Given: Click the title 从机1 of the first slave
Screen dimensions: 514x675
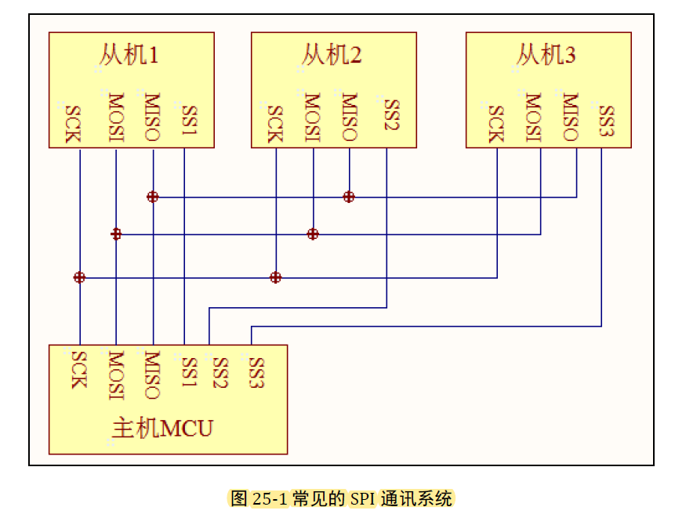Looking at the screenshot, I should coord(129,55).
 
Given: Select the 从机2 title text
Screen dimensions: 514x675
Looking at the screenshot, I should coord(332,55).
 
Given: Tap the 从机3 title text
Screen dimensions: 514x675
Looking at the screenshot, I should coord(546,55).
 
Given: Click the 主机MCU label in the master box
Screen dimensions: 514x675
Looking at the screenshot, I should coord(162,429).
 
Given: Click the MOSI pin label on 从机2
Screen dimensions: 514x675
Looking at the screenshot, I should coord(312,118).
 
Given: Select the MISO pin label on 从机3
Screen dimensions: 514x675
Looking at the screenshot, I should coord(570,118).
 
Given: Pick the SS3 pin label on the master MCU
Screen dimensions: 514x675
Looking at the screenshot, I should coord(256,373).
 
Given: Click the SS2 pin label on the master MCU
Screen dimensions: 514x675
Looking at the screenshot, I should coord(220,373).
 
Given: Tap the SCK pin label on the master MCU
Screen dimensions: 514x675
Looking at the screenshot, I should coord(78,369).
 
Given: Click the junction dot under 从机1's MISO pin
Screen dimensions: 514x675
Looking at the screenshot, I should coord(153,197).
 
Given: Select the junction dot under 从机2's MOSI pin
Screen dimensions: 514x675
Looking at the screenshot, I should coord(313,233).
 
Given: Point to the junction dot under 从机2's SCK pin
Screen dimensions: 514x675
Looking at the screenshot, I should coord(275,277).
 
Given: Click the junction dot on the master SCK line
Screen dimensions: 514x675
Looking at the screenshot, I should coord(79,277).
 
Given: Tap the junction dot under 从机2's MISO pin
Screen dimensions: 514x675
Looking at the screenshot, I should coord(349,197).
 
